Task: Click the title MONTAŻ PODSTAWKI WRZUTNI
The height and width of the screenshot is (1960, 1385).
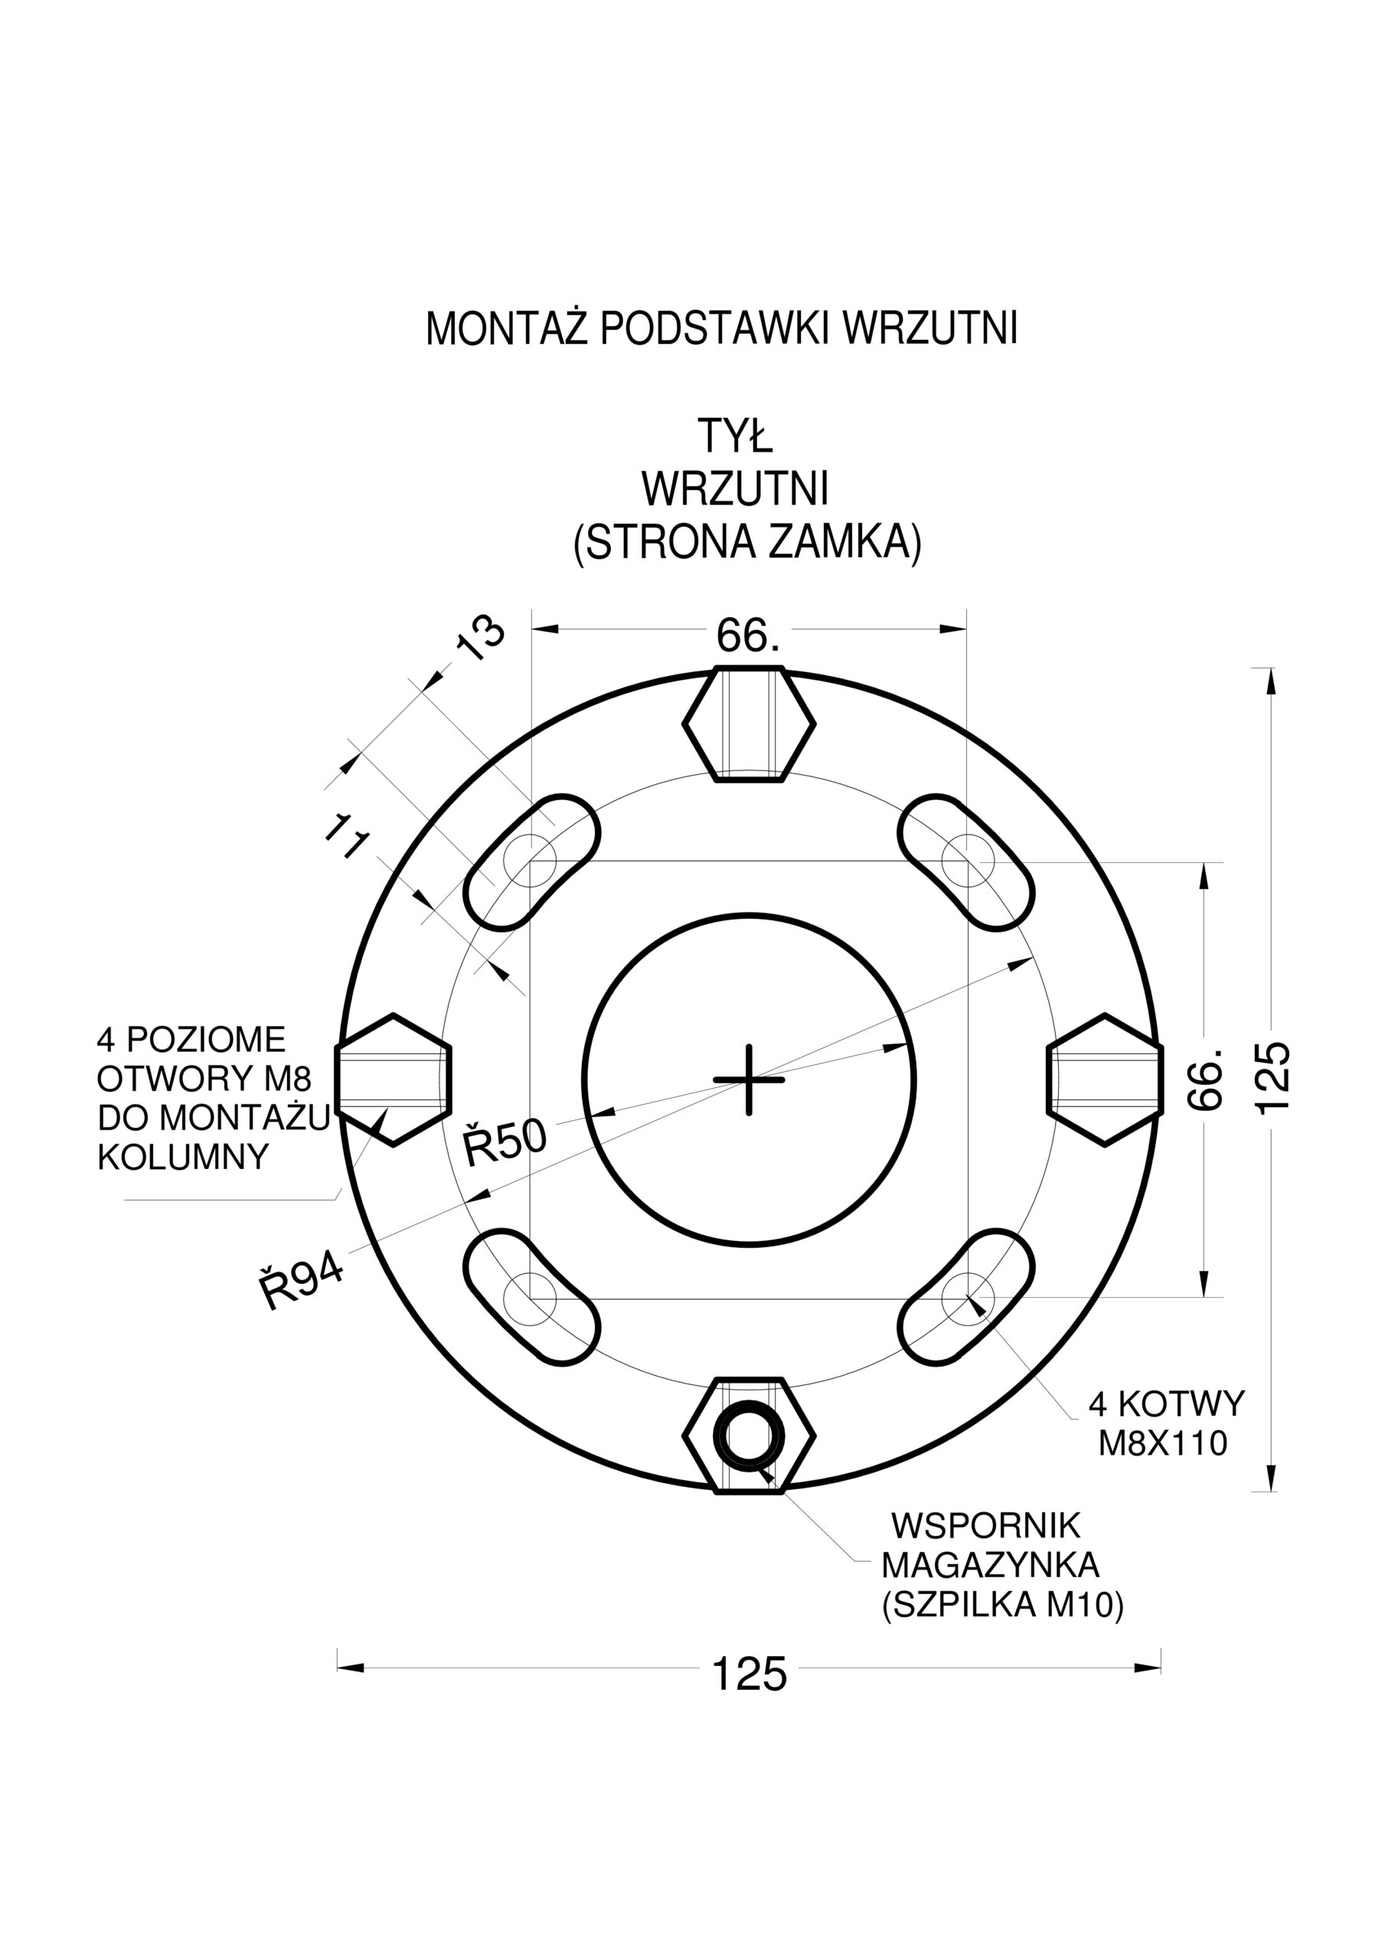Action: (721, 328)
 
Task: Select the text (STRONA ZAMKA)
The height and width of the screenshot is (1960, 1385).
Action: (748, 542)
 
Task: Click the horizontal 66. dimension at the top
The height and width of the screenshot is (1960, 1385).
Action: (748, 635)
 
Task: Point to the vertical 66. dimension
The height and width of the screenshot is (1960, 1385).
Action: (1206, 1080)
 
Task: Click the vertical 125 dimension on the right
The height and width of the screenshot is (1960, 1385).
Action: (1272, 1078)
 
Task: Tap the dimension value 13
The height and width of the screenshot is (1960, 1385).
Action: (480, 639)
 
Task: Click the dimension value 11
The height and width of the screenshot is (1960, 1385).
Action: (348, 838)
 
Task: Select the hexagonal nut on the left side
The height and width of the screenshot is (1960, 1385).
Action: (393, 1080)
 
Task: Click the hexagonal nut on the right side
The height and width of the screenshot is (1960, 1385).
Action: (1105, 1080)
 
